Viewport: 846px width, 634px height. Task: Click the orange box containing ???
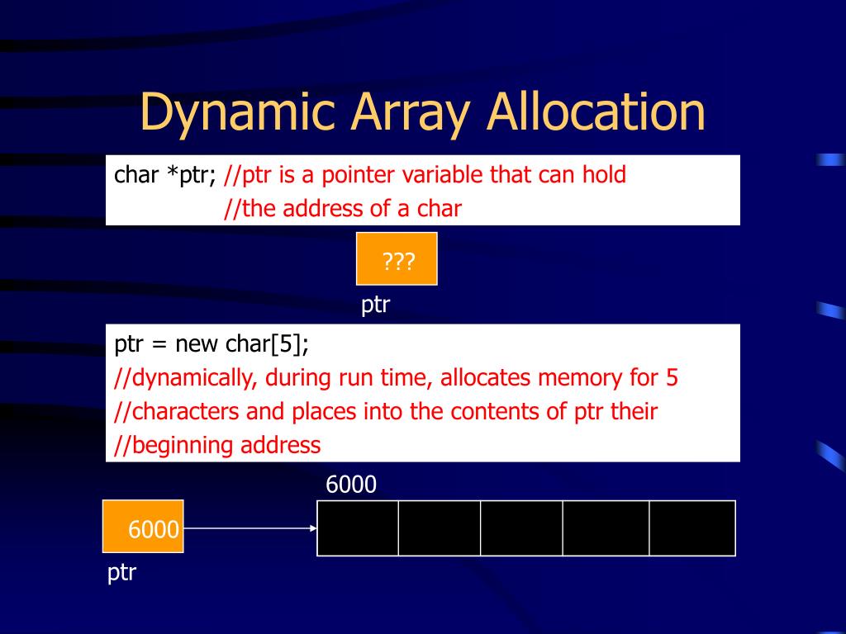click(397, 259)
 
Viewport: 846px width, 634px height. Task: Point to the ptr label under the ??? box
click(375, 305)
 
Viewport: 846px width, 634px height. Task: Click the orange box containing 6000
click(143, 526)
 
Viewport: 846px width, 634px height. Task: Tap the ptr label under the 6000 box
click(121, 572)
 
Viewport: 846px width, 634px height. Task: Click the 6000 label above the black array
click(351, 485)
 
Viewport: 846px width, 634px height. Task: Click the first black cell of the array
click(358, 528)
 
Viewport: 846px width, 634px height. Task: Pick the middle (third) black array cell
click(521, 528)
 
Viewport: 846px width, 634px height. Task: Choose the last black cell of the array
click(692, 528)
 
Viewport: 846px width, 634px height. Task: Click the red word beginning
click(180, 446)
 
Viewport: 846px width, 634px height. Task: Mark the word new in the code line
click(197, 344)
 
